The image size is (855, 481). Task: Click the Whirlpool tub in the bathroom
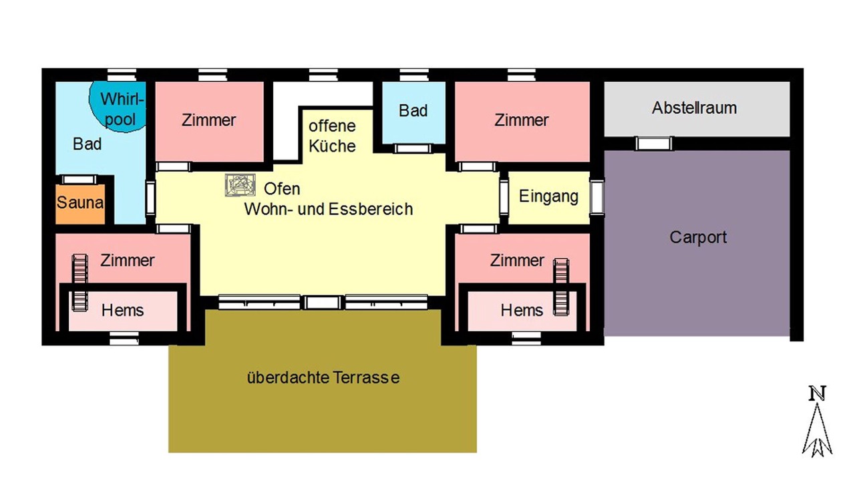[x=118, y=107]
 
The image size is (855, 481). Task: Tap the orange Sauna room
[x=80, y=204]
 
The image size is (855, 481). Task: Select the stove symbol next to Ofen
[x=240, y=185]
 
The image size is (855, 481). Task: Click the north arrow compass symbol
[x=817, y=422]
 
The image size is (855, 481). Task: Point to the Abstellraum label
[x=694, y=108]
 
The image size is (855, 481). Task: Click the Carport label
[x=698, y=237]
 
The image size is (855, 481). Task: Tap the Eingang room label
[x=548, y=196]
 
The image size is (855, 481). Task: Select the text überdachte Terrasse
[x=323, y=377]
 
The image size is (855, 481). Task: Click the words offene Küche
[x=332, y=136]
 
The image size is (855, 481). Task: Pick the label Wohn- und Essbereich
[x=328, y=209]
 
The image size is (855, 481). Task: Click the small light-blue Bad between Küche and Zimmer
[x=413, y=112]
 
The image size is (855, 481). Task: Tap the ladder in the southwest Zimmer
[x=80, y=283]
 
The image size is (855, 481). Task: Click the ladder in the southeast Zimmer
[x=561, y=287]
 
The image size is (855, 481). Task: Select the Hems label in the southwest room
[x=122, y=311]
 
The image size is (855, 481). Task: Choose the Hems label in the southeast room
[x=522, y=311]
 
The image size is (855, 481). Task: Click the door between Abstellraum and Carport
[x=653, y=144]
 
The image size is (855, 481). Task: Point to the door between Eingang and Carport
[x=596, y=197]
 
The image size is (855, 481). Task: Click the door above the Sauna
[x=79, y=180]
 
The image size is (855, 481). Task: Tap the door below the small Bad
[x=413, y=148]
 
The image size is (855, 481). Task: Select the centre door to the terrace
[x=323, y=303]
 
